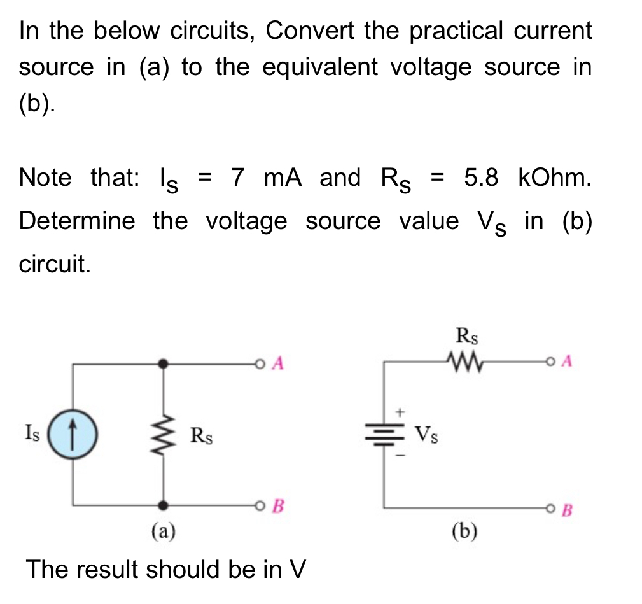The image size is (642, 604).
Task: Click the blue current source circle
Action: coord(72,435)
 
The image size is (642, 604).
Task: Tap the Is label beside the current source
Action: coord(31,435)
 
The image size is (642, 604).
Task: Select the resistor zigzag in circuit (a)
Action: coord(164,435)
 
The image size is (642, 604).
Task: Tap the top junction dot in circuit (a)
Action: coord(164,363)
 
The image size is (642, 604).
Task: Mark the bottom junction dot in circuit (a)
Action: coord(164,505)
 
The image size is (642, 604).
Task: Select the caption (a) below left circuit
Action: coord(164,531)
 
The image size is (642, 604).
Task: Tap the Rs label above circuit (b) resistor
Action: coord(467,337)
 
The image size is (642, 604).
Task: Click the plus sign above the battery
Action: coord(400,412)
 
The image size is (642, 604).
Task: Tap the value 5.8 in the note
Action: coord(480,178)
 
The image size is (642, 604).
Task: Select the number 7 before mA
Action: coord(238,178)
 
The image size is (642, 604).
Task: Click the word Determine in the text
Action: coord(77,221)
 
